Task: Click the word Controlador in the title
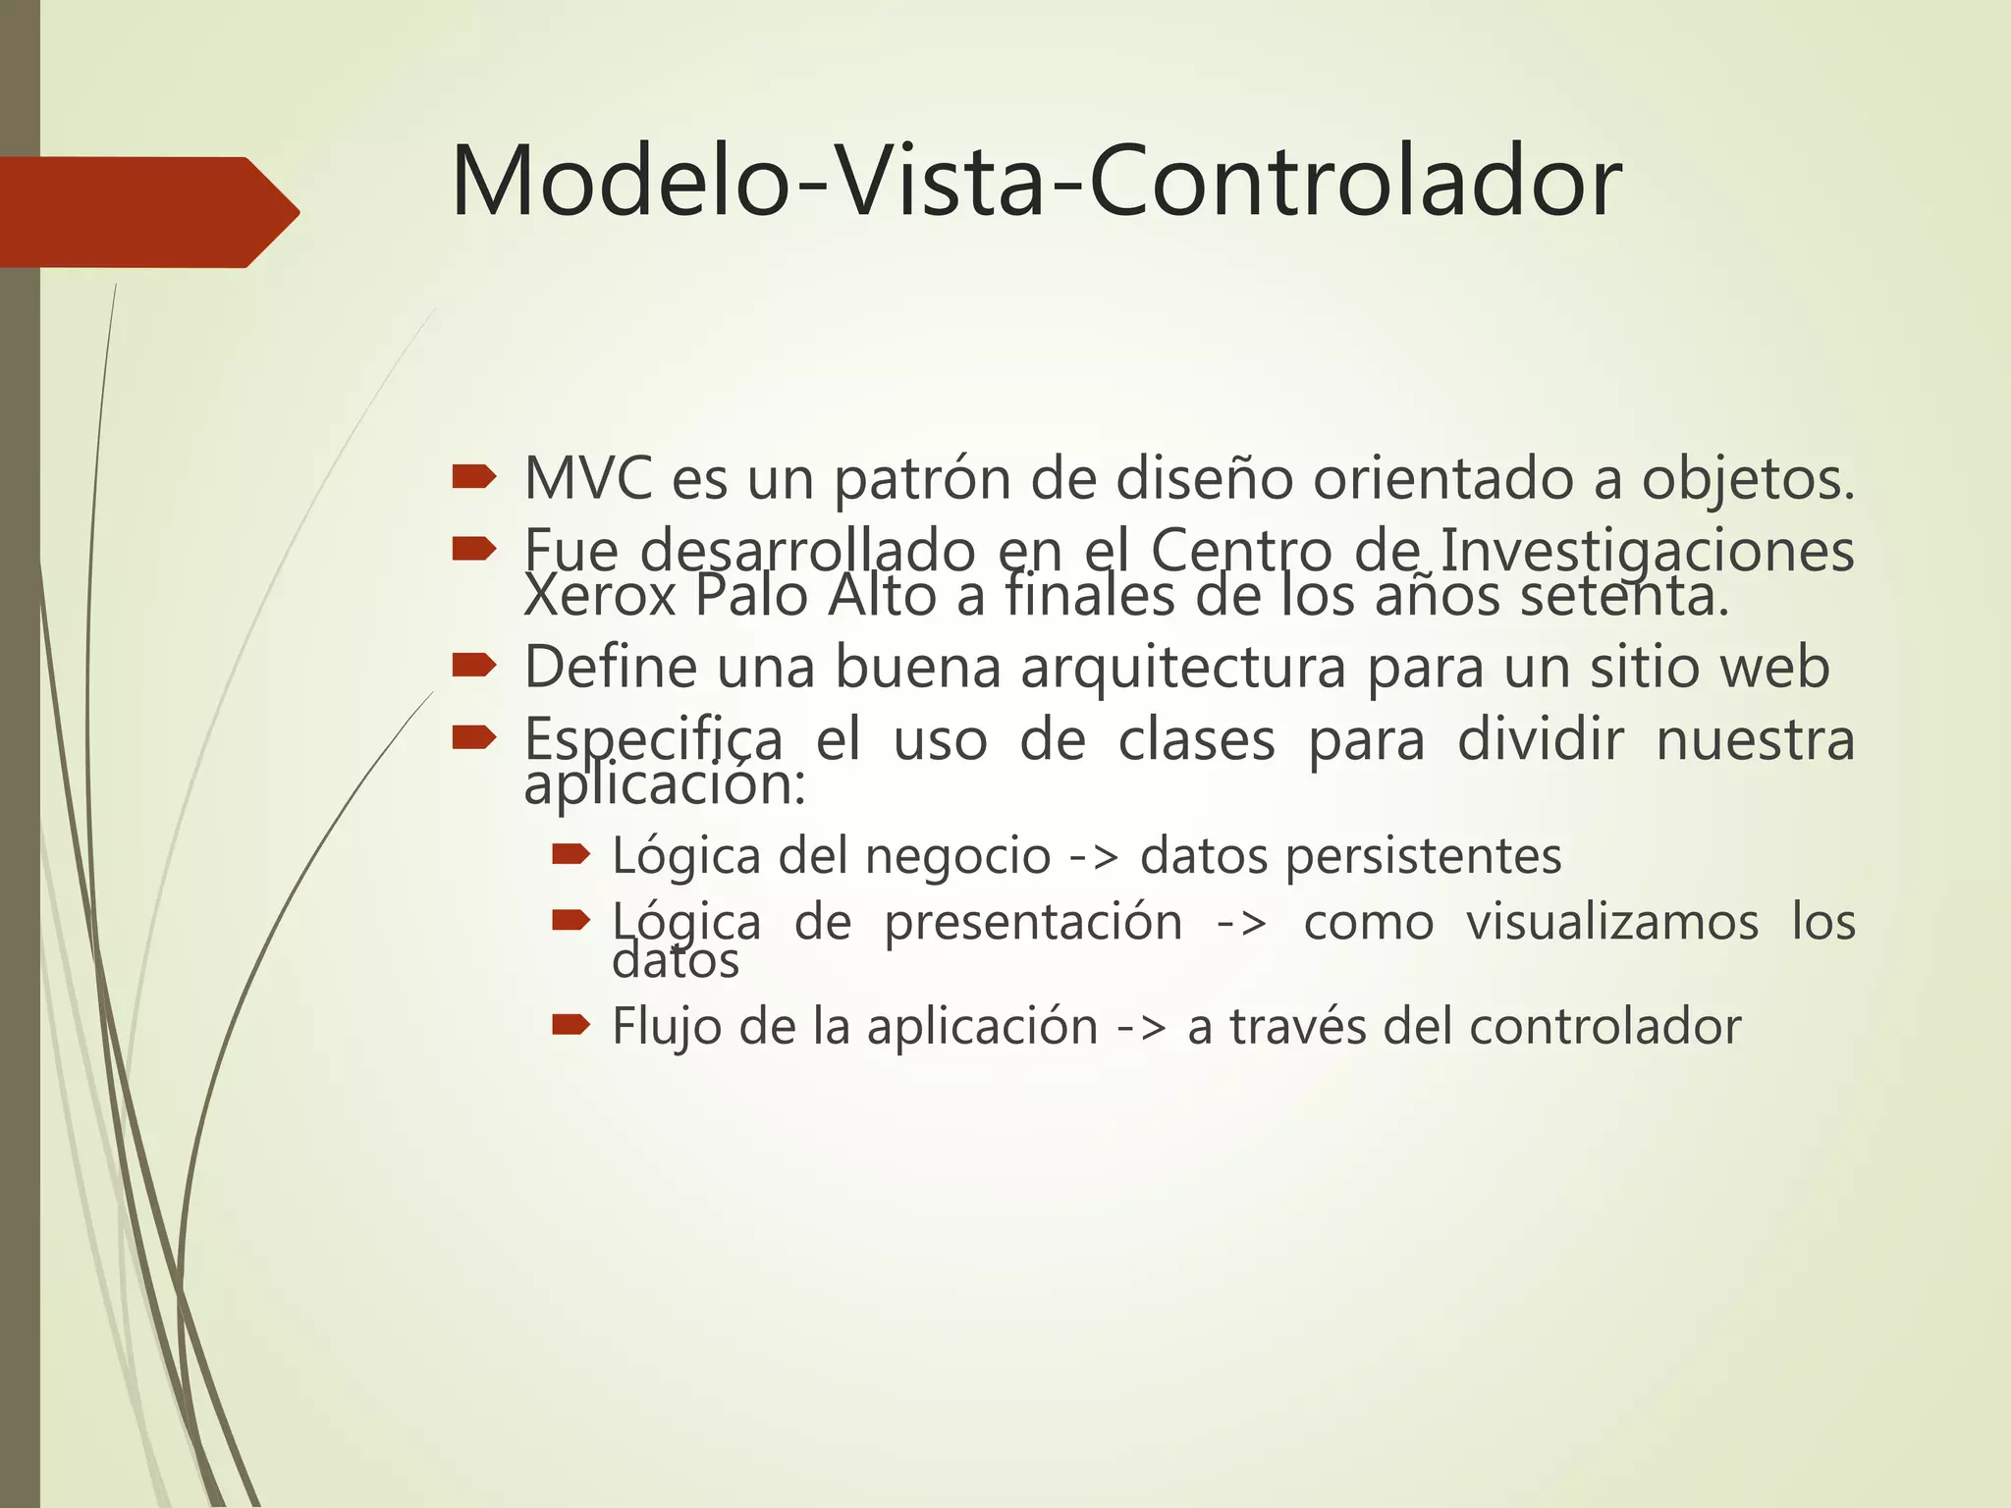click(1355, 183)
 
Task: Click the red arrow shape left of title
click(147, 212)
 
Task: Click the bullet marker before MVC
click(474, 478)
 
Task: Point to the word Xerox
click(600, 597)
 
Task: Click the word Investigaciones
click(1647, 550)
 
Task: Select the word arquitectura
click(1183, 668)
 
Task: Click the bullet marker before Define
click(474, 667)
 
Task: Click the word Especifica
click(653, 739)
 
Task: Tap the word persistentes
click(1424, 856)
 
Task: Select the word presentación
click(1033, 923)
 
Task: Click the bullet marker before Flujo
click(571, 1026)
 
